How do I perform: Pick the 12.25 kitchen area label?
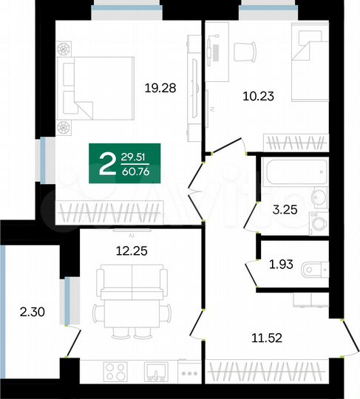pyautogui.click(x=131, y=250)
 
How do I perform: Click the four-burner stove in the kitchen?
pyautogui.click(x=114, y=370)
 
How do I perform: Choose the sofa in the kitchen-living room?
pyautogui.click(x=131, y=284)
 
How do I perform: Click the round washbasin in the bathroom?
pyautogui.click(x=319, y=197)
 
